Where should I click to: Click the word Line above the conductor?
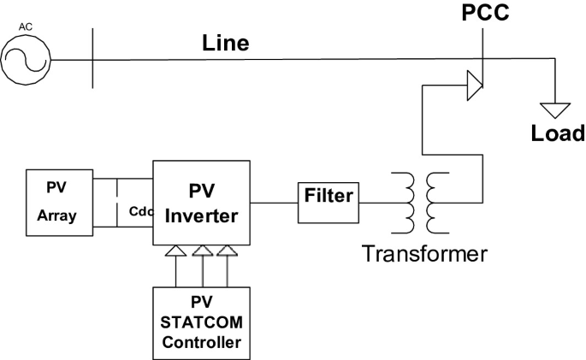click(x=226, y=44)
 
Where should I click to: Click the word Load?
click(x=556, y=133)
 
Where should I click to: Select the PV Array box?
click(x=56, y=204)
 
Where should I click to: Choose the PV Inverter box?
click(x=202, y=202)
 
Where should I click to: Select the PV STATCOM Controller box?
click(x=202, y=322)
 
